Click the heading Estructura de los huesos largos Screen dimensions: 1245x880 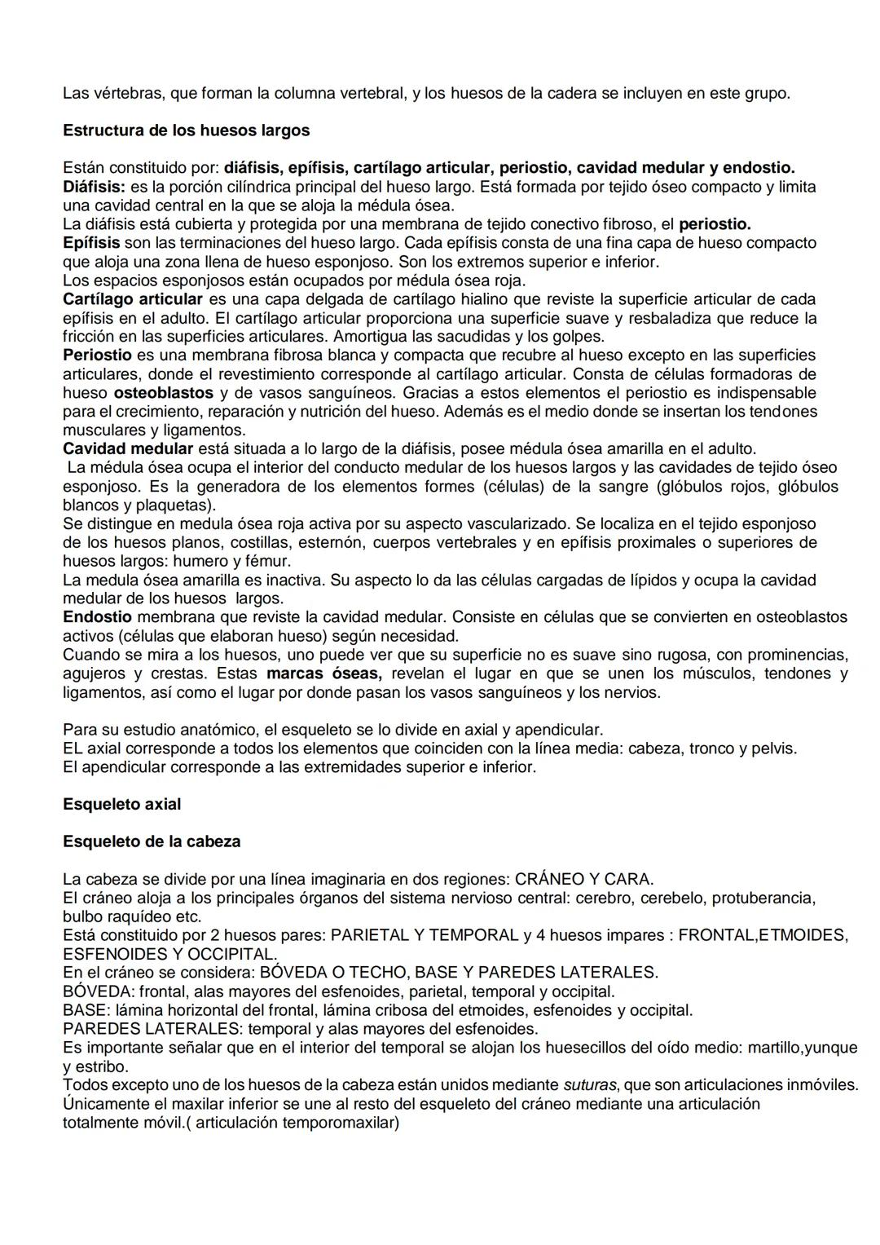[186, 130]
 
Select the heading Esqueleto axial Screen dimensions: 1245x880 [121, 804]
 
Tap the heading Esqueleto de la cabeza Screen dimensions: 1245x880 [152, 841]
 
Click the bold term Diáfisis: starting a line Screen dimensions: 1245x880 [94, 187]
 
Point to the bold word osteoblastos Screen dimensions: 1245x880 [163, 393]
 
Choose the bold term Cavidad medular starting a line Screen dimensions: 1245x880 [128, 448]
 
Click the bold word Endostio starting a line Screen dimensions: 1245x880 [97, 617]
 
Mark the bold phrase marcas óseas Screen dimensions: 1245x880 [323, 673]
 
